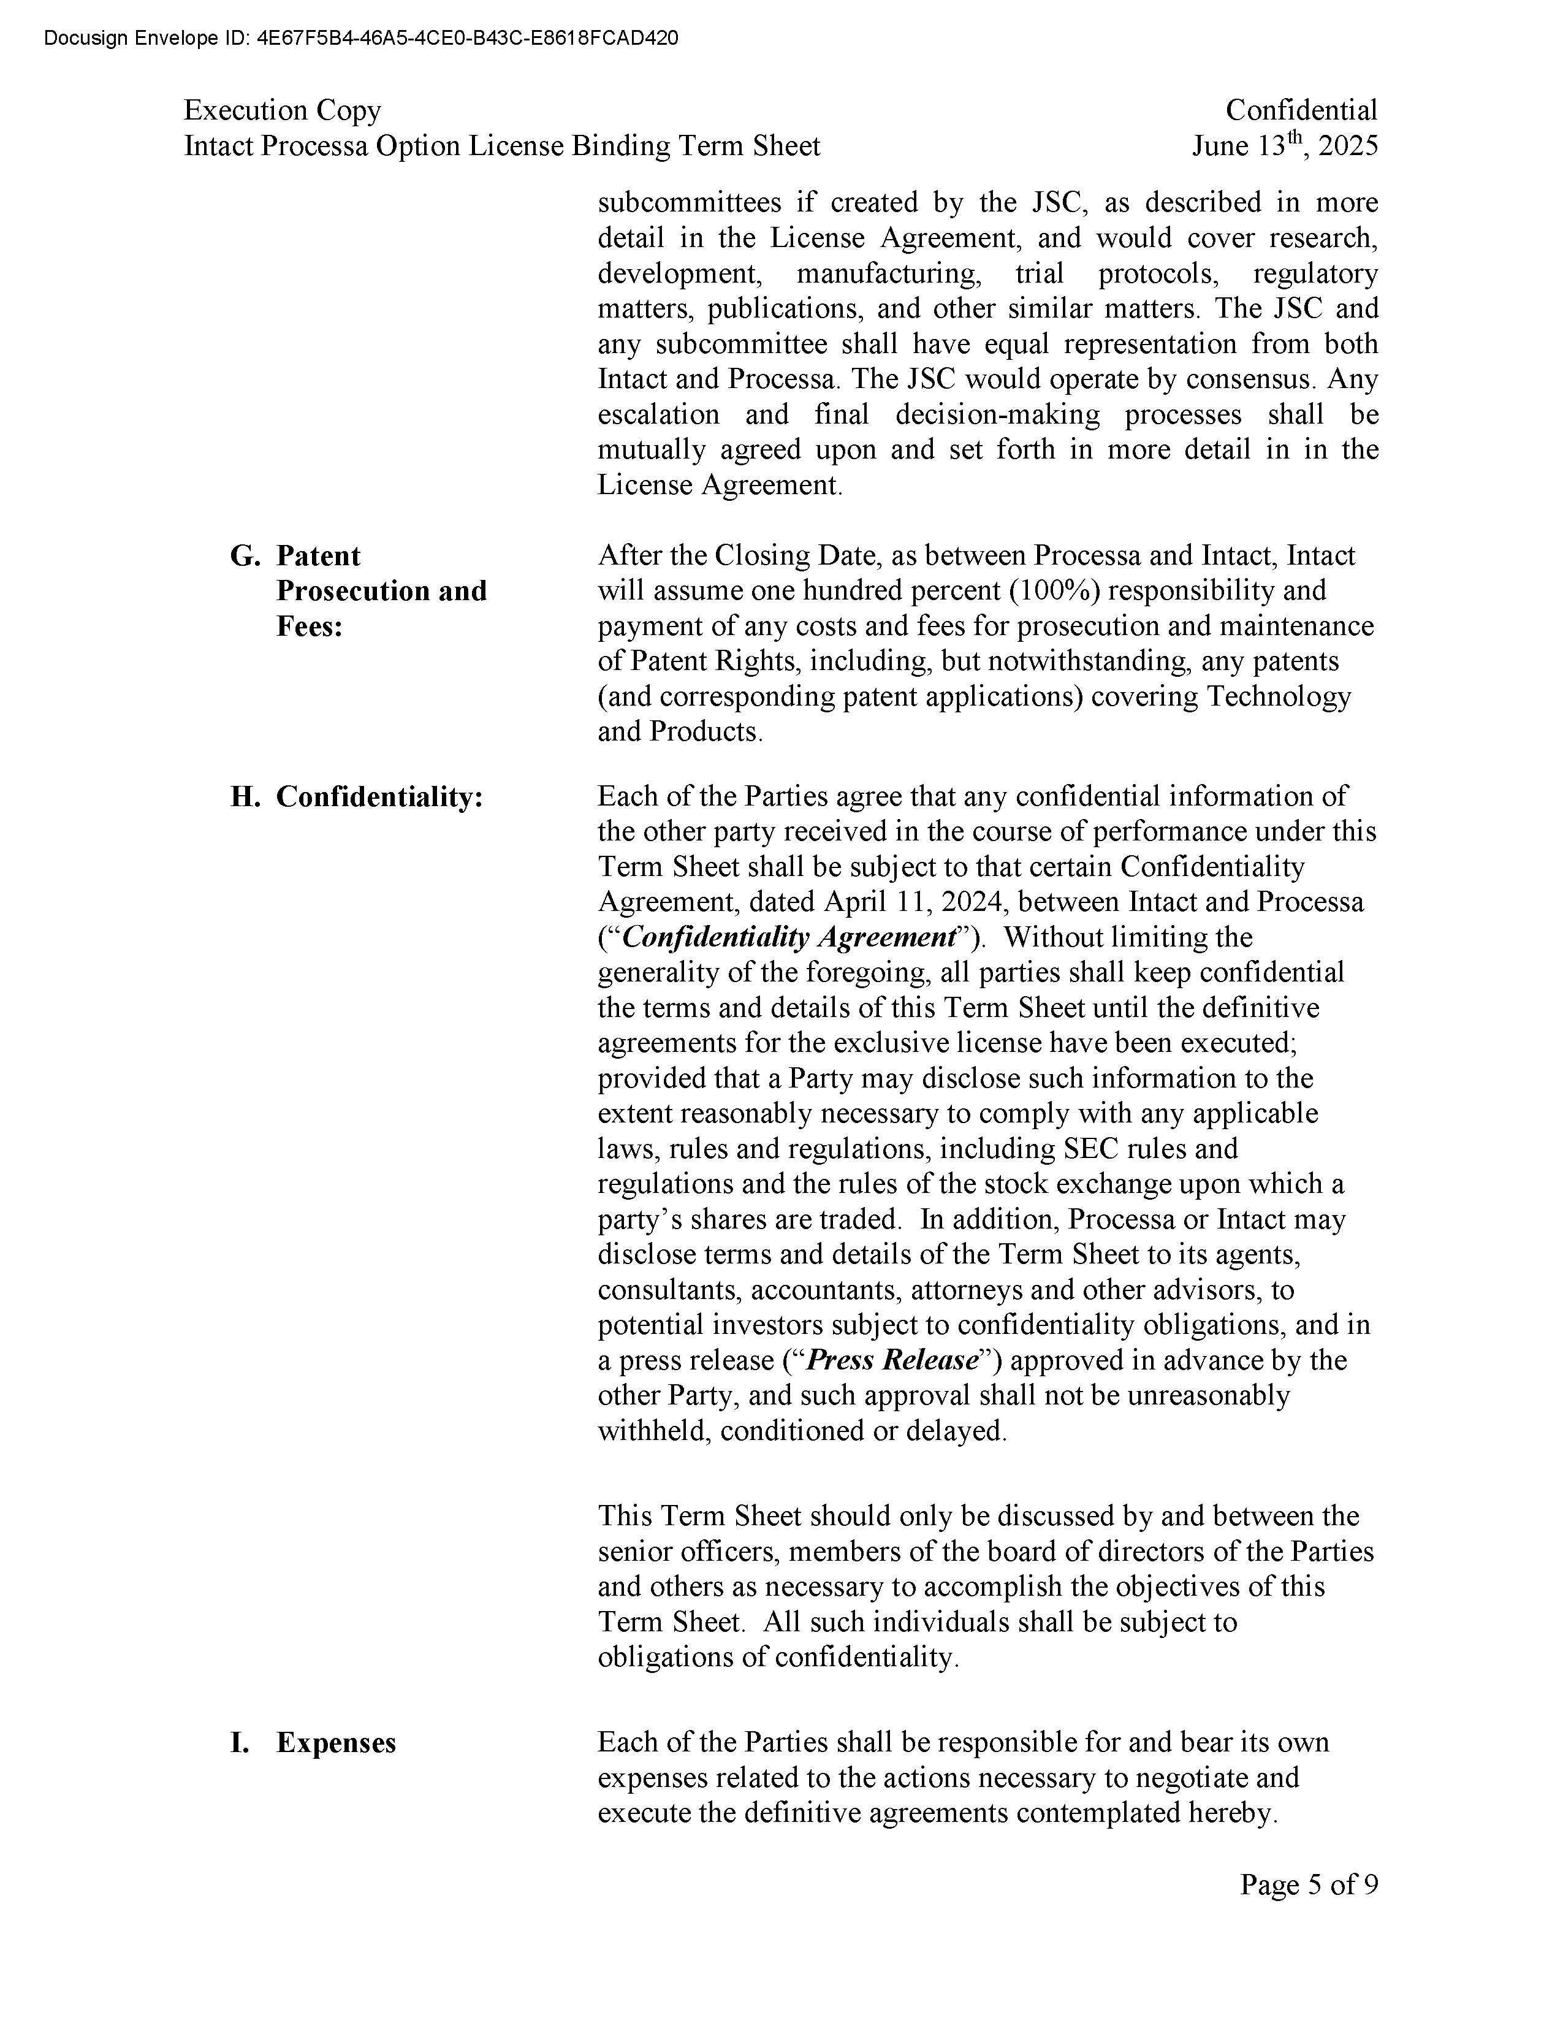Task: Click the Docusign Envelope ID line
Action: pyautogui.click(x=360, y=38)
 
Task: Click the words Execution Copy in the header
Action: pyautogui.click(x=283, y=110)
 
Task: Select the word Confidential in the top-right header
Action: pyautogui.click(x=1301, y=110)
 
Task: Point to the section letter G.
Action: pyautogui.click(x=243, y=556)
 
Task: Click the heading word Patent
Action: pyautogui.click(x=319, y=556)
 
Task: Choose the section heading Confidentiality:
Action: pyautogui.click(x=379, y=796)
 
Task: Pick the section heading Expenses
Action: pyautogui.click(x=336, y=1742)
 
